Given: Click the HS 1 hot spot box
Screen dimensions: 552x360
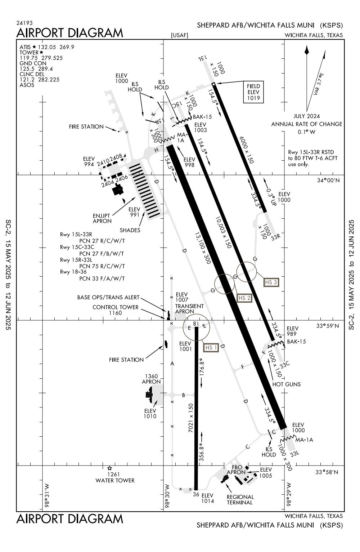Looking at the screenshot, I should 211,347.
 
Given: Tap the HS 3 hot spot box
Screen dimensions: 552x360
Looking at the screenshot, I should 271,282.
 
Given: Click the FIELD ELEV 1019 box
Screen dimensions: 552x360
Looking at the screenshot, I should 253,92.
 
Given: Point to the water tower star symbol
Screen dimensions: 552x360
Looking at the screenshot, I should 109,468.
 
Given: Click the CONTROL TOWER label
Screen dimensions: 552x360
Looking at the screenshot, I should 115,307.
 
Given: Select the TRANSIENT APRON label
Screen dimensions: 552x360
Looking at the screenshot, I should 189,309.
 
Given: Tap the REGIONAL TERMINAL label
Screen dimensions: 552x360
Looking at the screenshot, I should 240,499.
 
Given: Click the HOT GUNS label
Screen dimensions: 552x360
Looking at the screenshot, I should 287,384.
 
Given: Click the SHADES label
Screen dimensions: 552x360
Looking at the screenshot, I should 130,230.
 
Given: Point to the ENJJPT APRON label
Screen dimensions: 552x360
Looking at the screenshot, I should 102,218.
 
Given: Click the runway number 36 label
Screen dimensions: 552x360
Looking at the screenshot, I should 196,494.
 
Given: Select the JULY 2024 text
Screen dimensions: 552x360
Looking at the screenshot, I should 306,116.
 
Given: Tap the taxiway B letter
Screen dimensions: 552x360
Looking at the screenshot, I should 183,395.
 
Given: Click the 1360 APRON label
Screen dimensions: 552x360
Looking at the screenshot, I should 151,379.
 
